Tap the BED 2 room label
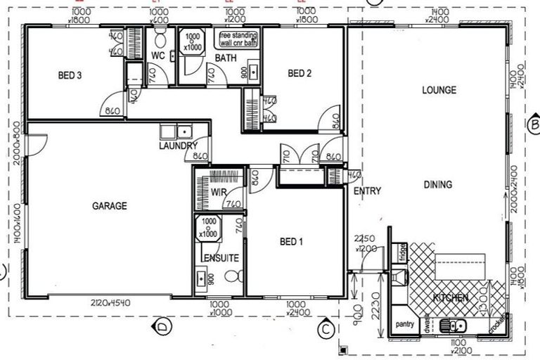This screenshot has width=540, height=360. tap(300, 73)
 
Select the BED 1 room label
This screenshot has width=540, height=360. tap(291, 242)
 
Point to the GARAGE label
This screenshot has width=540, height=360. tap(110, 206)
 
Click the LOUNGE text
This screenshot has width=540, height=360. tap(439, 90)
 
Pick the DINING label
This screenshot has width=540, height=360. tap(437, 185)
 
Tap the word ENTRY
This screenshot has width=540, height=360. tap(367, 191)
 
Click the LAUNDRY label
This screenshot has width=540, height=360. tap(177, 146)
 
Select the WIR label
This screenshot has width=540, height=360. tap(218, 191)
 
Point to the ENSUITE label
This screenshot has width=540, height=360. tap(221, 258)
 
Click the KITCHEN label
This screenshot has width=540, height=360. tap(450, 298)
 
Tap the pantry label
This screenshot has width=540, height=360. tap(404, 324)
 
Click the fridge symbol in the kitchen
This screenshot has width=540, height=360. tap(402, 251)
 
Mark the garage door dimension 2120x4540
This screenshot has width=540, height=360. tap(110, 303)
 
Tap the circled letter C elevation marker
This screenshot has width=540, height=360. tap(325, 327)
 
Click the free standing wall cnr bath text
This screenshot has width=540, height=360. tap(238, 39)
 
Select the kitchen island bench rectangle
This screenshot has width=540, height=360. tap(458, 267)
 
